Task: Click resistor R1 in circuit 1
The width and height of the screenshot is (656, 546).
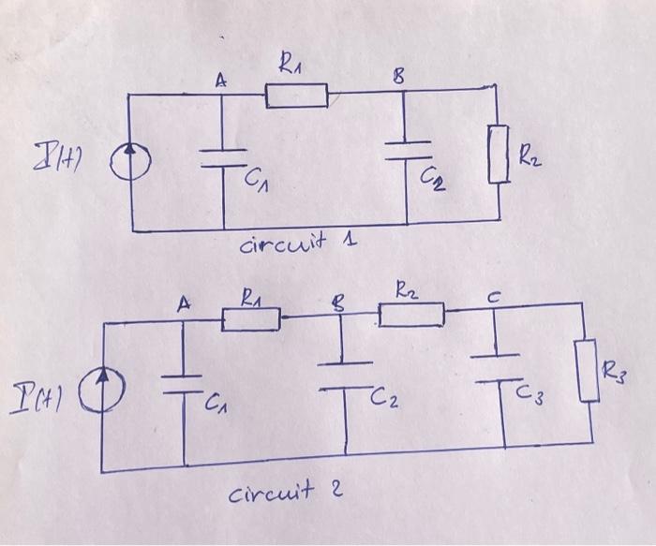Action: point(296,96)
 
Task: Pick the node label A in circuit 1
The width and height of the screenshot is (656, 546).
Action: point(220,81)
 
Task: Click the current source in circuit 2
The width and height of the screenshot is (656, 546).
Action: point(100,385)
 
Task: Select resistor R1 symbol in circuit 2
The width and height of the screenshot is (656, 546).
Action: point(251,320)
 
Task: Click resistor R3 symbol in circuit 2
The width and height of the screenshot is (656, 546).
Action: point(589,372)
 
